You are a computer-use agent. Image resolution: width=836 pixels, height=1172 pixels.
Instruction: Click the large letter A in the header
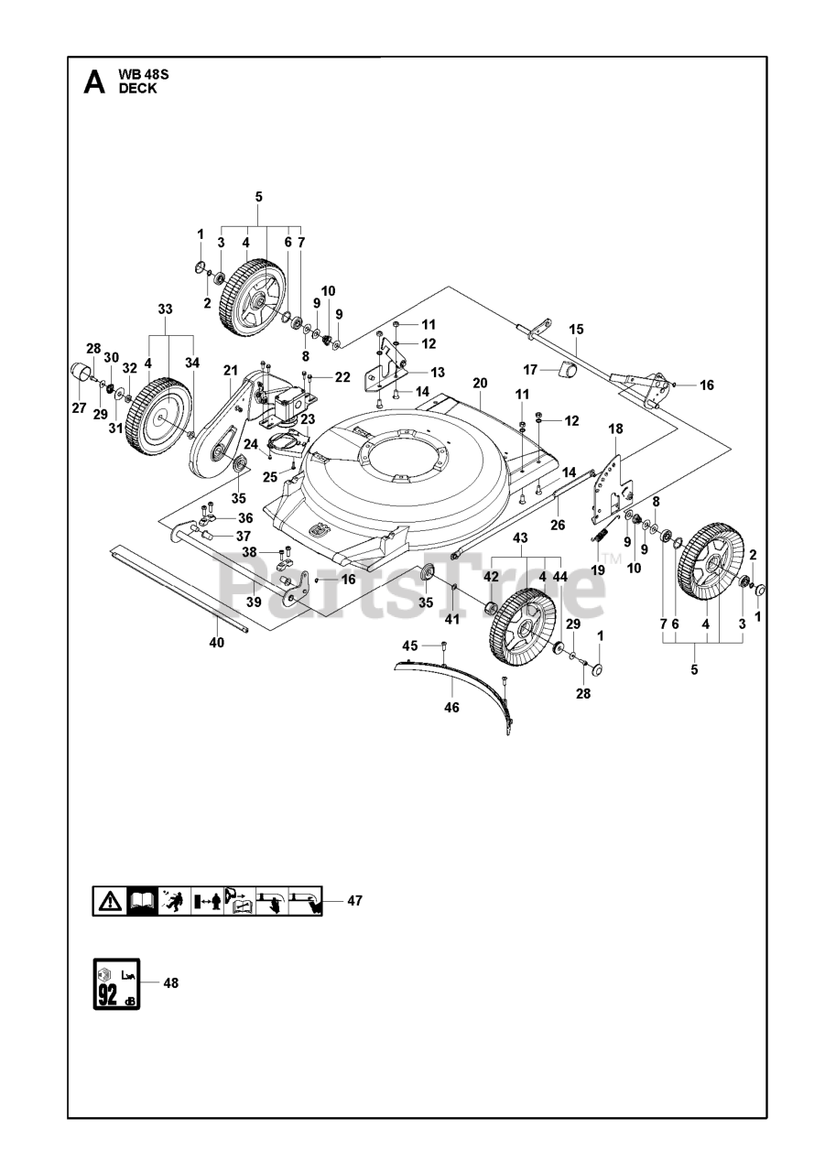(94, 82)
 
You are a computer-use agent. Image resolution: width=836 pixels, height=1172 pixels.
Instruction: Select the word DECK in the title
(137, 89)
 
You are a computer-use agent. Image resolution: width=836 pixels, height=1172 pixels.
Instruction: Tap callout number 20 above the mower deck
(479, 383)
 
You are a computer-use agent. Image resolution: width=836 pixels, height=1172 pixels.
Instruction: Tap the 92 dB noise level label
(116, 983)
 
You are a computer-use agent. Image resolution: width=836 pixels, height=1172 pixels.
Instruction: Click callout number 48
(170, 983)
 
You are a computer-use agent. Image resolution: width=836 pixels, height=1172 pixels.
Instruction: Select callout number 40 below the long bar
(216, 642)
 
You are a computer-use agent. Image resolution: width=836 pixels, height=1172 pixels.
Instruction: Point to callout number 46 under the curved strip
(451, 708)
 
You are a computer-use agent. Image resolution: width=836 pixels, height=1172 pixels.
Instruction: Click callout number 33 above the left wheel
(165, 309)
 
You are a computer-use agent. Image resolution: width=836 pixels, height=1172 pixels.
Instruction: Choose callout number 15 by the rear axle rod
(576, 330)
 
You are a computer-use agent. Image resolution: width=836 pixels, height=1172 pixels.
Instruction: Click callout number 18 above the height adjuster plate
(615, 429)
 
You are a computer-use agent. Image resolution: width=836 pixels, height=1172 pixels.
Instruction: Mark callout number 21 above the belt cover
(230, 371)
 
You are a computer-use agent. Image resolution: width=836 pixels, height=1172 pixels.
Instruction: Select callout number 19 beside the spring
(598, 570)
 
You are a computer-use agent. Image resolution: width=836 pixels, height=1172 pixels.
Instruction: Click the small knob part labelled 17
(567, 369)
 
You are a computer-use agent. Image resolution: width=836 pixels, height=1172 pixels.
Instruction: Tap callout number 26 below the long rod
(558, 525)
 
